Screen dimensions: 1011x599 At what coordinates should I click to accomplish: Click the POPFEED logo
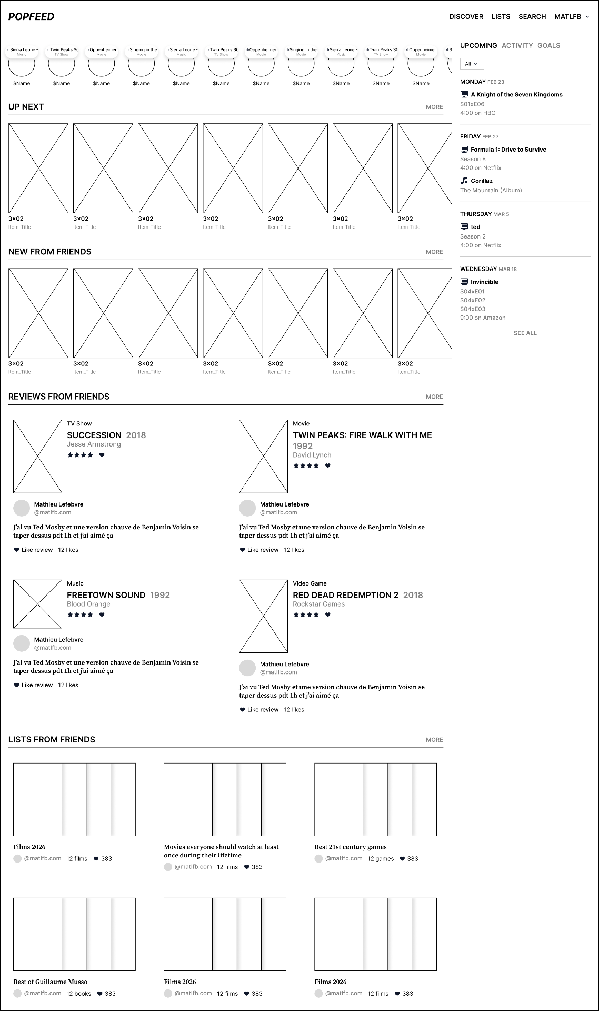[32, 17]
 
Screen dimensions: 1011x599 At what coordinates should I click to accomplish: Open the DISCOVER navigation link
[466, 17]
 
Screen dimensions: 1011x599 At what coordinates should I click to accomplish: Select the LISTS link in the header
[501, 17]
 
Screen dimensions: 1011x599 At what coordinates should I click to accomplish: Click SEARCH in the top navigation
[532, 17]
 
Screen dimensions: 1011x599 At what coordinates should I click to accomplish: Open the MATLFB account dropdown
[572, 17]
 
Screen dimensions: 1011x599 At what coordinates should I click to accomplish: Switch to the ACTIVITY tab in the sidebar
[517, 46]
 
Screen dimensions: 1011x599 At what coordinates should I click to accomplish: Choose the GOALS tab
[548, 46]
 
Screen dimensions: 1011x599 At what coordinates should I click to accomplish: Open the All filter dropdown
[472, 64]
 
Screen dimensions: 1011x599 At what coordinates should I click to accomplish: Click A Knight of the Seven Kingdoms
[516, 95]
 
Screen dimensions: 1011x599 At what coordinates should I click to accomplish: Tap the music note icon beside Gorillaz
[464, 181]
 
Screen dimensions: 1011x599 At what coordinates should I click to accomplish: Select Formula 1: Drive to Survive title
[508, 150]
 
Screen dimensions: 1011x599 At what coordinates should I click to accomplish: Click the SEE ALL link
[525, 333]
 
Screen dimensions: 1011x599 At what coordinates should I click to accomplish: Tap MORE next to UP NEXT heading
[434, 107]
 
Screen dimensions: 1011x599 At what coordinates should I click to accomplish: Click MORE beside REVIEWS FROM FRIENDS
[434, 397]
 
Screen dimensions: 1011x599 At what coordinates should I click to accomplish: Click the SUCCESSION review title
[94, 435]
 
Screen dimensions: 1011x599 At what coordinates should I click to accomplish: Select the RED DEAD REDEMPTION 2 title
[345, 596]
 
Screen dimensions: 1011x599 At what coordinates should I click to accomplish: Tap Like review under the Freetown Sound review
[37, 686]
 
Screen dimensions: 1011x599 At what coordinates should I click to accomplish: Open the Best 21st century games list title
[351, 847]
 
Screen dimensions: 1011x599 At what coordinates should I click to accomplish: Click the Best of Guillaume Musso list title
[51, 982]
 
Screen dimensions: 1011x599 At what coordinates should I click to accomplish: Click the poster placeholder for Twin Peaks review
[263, 457]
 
